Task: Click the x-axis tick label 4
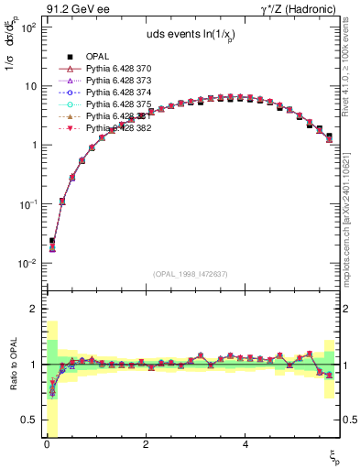(x=245, y=443)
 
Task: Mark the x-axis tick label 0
(x=47, y=443)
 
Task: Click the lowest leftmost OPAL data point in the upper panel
(x=52, y=241)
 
